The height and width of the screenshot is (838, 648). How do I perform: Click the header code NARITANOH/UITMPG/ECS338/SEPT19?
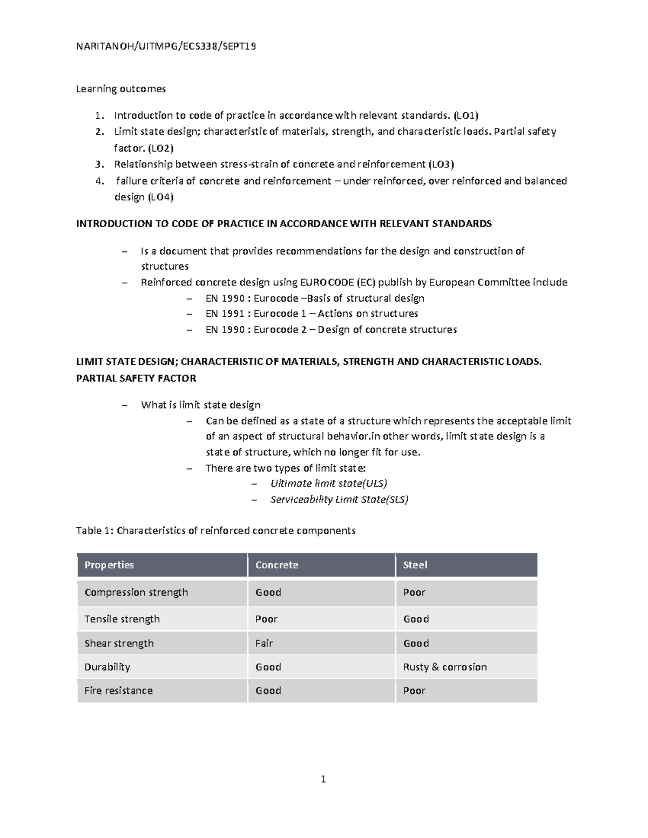(x=166, y=46)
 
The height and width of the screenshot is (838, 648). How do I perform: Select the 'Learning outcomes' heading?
(x=120, y=88)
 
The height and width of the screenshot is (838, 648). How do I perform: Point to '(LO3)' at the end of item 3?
(x=441, y=164)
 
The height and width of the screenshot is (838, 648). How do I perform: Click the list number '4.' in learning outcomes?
(x=99, y=181)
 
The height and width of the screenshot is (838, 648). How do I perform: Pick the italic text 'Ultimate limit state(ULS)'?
(x=328, y=483)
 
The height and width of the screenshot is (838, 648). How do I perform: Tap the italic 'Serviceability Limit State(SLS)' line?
(x=339, y=499)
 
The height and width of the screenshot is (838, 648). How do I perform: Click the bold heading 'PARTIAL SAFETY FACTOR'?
(x=136, y=378)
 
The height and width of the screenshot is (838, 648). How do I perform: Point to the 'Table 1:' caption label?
(x=95, y=530)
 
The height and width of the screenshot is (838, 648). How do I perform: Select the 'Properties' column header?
(x=109, y=565)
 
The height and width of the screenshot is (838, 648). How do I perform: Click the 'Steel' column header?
(x=415, y=565)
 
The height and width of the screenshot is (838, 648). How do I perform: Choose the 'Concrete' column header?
(x=276, y=565)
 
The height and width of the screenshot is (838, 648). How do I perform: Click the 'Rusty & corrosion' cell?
(x=444, y=667)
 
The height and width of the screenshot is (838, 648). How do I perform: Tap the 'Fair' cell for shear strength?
(x=264, y=643)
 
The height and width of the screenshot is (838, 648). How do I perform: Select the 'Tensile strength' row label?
(x=122, y=619)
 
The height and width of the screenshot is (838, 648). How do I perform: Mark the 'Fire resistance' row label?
(x=118, y=691)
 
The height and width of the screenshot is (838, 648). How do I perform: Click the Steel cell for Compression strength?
(x=414, y=592)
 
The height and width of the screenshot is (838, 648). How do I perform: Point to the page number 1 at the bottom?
(x=323, y=779)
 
